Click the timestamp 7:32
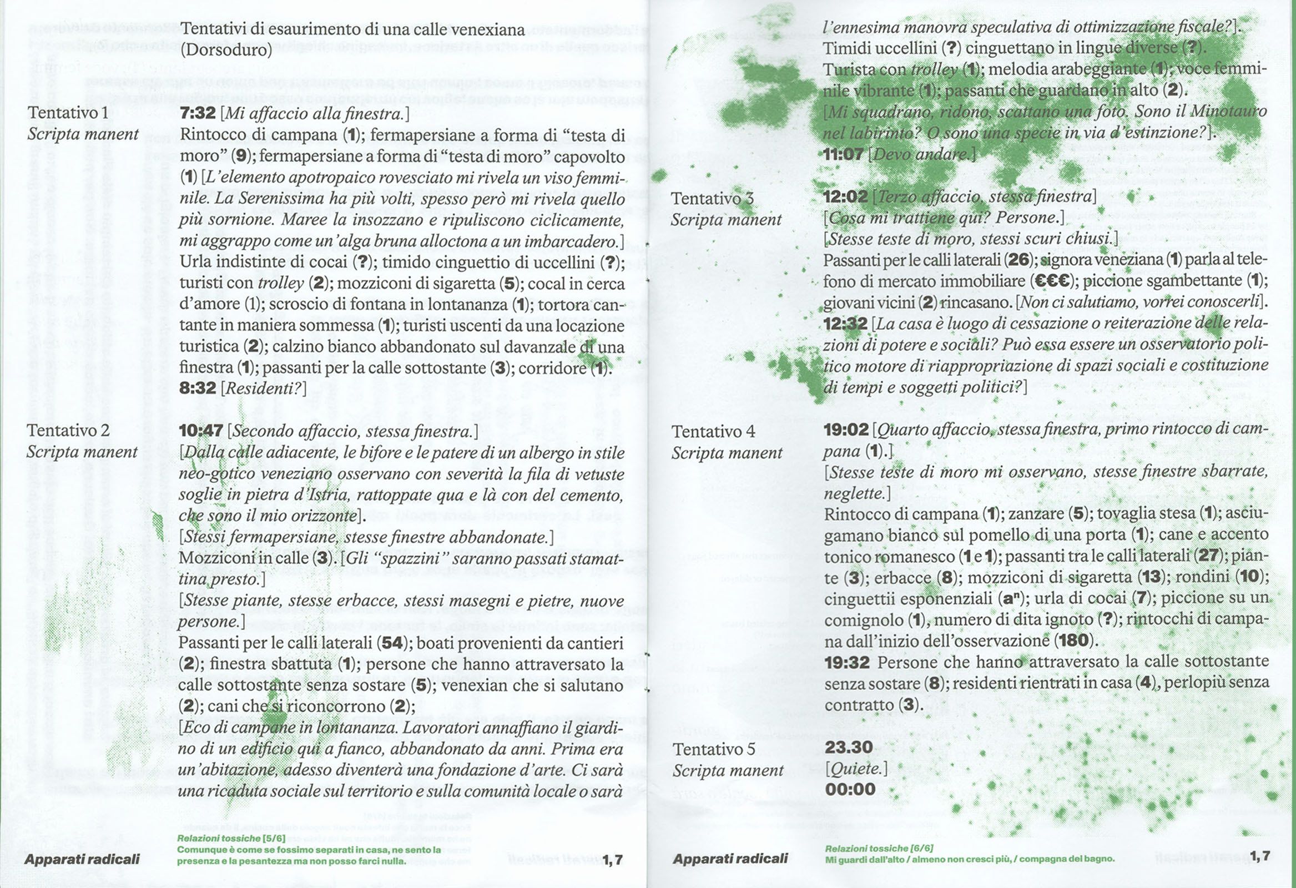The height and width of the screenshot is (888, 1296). pyautogui.click(x=198, y=113)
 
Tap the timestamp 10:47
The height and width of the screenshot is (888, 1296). pyautogui.click(x=201, y=431)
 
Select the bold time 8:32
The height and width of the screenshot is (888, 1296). pyautogui.click(x=198, y=387)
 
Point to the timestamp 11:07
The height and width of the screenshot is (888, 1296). pyautogui.click(x=843, y=154)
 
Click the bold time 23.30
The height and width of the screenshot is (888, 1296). pyautogui.click(x=848, y=747)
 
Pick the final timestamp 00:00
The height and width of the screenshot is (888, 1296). pyautogui.click(x=850, y=789)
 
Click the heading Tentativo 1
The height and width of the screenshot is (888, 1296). pyautogui.click(x=68, y=113)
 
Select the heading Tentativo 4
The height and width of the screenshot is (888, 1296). pyautogui.click(x=713, y=431)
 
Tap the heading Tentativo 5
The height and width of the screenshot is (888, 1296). pyautogui.click(x=713, y=749)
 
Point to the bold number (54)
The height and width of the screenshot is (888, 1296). pyautogui.click(x=392, y=643)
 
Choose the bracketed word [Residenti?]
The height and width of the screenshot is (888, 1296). pyautogui.click(x=264, y=388)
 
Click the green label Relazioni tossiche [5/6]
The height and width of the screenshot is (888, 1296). pyautogui.click(x=231, y=839)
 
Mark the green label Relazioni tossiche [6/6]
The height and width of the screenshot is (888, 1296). pyautogui.click(x=879, y=849)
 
